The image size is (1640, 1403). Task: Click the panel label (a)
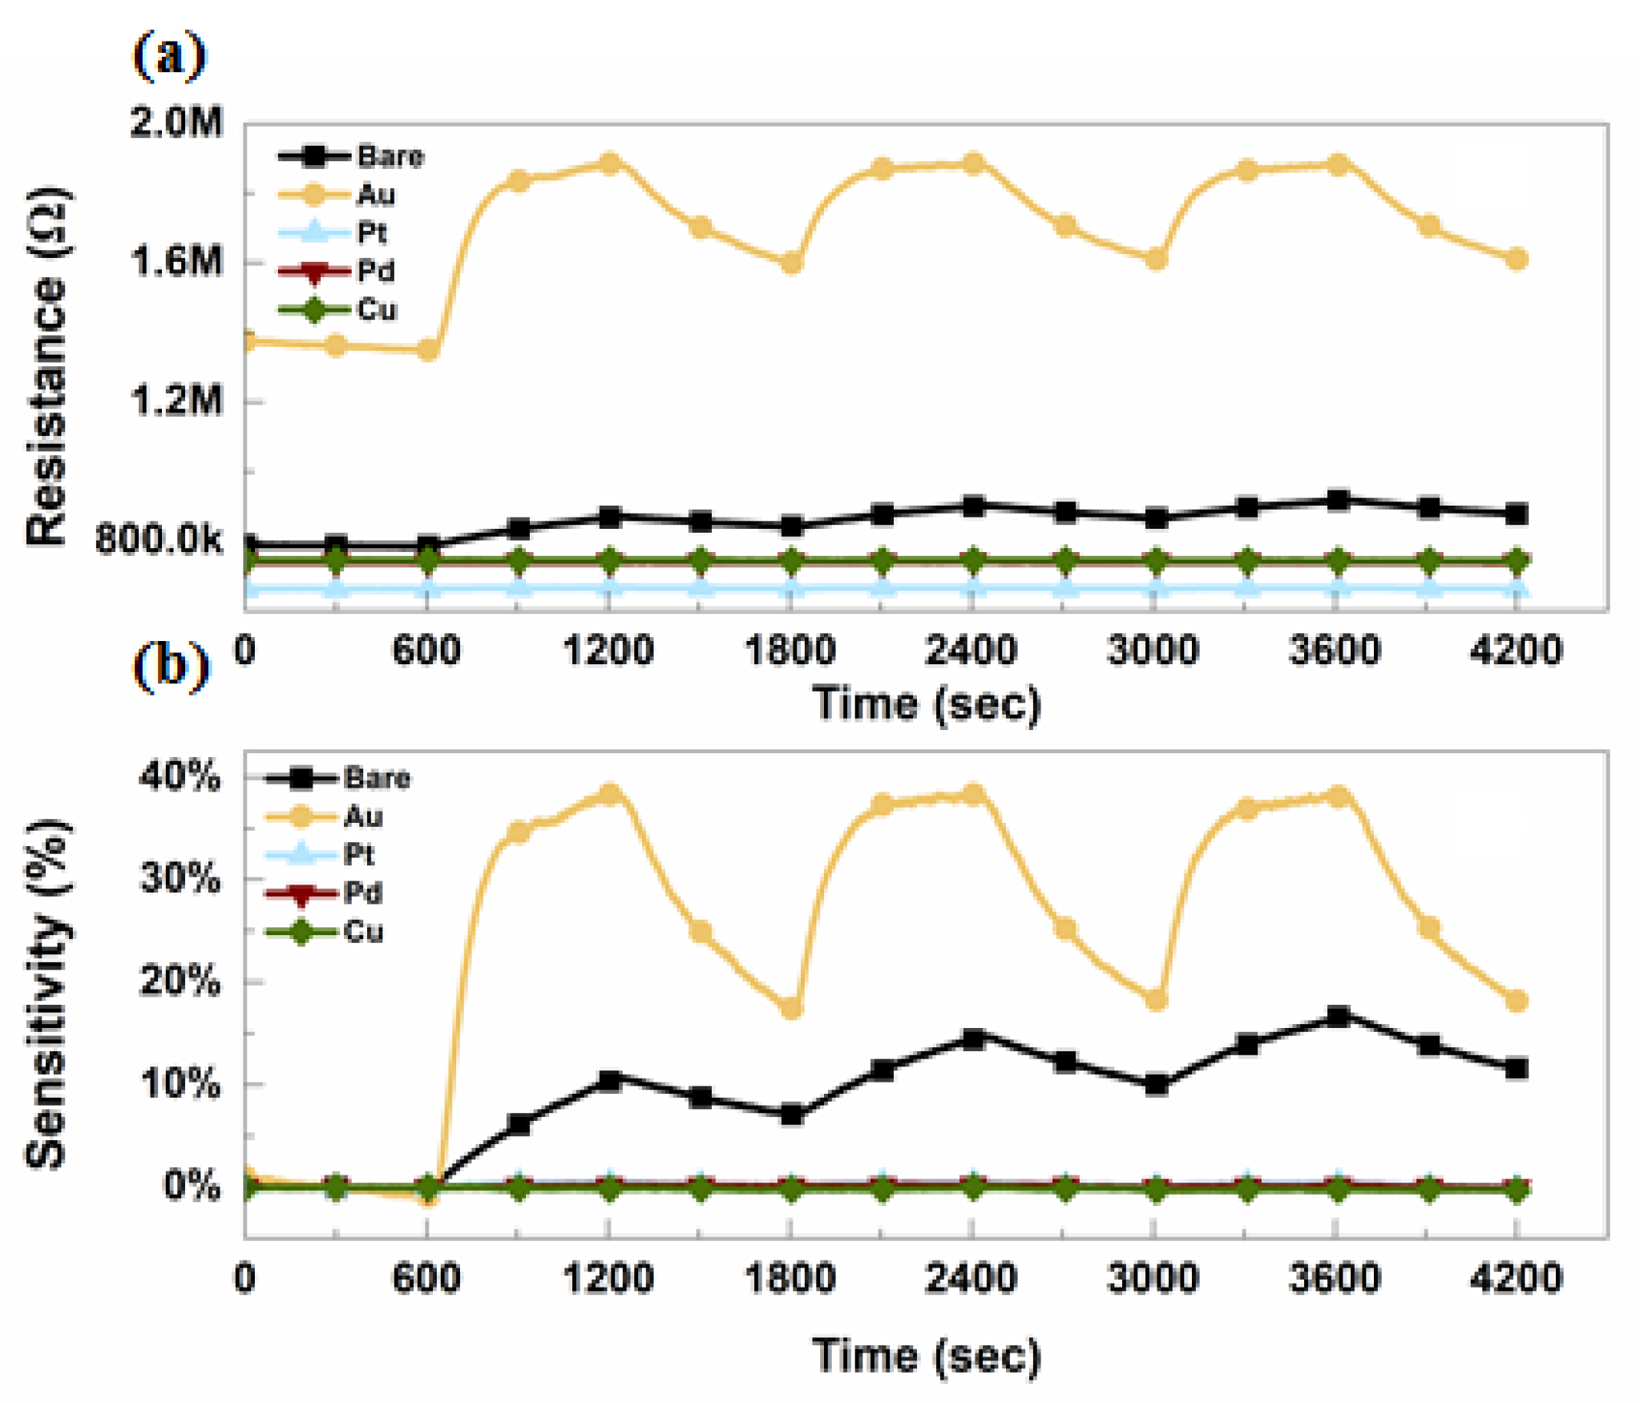169,56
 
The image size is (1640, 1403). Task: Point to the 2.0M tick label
176,123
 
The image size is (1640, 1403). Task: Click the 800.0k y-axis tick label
158,540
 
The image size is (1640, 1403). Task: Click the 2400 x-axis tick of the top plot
971,650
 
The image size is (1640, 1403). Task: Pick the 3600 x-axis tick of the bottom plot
1335,1278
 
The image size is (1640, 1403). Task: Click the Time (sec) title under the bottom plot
927,1356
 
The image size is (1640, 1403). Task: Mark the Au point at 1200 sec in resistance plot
610,163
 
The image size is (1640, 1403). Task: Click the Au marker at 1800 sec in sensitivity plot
791,1007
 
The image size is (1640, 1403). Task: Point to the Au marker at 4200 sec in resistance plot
1517,259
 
